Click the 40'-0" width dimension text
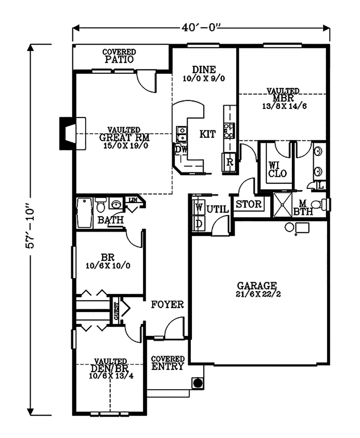pos(201,27)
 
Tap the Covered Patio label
pos(119,56)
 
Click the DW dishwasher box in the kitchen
pos(181,149)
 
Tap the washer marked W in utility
pos(198,207)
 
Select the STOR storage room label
pos(248,205)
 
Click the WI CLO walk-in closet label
pos(278,169)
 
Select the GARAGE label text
pos(257,286)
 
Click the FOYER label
pos(167,305)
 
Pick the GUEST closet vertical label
pos(116,311)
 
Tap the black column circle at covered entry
pos(197,383)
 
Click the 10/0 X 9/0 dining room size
pos(203,79)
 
